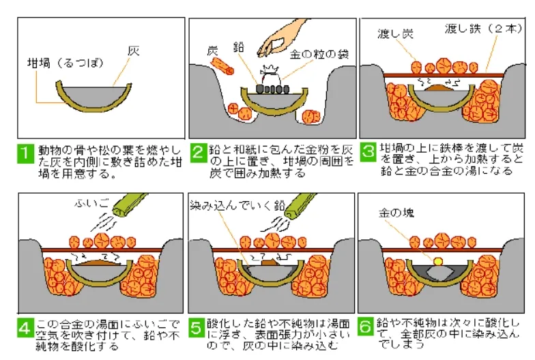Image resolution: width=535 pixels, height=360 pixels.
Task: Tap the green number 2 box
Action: point(198,153)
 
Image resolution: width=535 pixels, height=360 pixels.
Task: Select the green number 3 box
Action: point(368,151)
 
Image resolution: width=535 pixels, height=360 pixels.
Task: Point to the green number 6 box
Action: point(368,329)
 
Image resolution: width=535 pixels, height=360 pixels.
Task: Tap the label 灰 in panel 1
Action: point(134,50)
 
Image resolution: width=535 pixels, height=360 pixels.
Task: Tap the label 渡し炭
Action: point(396,33)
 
